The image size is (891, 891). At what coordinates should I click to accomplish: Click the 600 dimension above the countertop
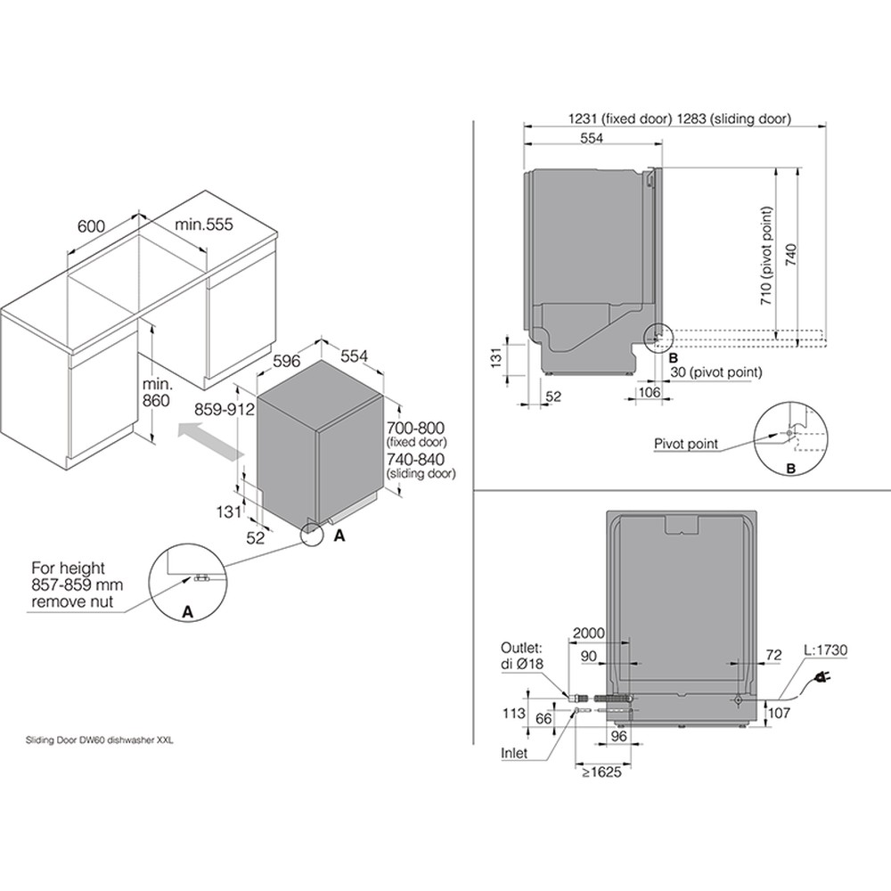92,226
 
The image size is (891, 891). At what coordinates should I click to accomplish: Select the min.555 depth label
203,225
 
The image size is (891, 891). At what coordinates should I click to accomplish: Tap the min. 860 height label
155,392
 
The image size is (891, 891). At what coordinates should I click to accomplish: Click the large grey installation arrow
208,442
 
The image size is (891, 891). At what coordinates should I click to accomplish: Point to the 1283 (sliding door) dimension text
734,119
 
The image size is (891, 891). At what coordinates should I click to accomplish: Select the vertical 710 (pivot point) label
765,257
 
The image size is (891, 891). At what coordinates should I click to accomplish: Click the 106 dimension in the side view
648,392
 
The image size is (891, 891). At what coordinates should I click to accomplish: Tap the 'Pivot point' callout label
686,444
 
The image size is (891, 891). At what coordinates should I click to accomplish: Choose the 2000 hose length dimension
588,633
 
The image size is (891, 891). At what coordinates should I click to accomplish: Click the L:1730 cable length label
825,651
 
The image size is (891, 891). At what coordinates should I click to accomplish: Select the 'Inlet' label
514,753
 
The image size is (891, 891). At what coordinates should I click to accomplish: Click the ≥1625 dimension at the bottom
601,772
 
